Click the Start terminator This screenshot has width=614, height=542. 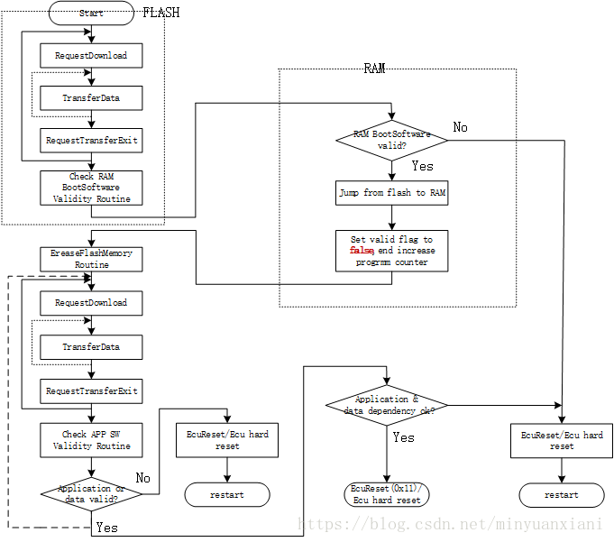(x=91, y=13)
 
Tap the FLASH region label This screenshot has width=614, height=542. (x=161, y=13)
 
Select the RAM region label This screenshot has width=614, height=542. (x=374, y=69)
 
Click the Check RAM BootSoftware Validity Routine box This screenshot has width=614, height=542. (x=91, y=188)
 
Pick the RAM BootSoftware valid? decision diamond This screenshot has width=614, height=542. (x=391, y=140)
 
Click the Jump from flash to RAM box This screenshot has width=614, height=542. (x=391, y=193)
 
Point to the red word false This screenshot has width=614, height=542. (x=362, y=251)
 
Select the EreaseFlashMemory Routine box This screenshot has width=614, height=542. (x=91, y=259)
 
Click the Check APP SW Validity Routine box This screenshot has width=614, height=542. (x=91, y=439)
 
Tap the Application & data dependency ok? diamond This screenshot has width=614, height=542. (x=387, y=405)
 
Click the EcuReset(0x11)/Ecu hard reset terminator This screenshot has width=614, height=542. (x=387, y=494)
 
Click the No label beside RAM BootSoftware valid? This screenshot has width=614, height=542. (x=460, y=128)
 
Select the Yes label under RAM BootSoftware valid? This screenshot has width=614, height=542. (x=422, y=166)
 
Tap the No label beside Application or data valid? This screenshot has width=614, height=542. (x=142, y=476)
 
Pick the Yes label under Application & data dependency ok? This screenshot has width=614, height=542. (x=403, y=436)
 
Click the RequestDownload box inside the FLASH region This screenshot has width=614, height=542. (x=91, y=55)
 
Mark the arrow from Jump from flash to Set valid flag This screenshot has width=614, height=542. (x=391, y=217)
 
